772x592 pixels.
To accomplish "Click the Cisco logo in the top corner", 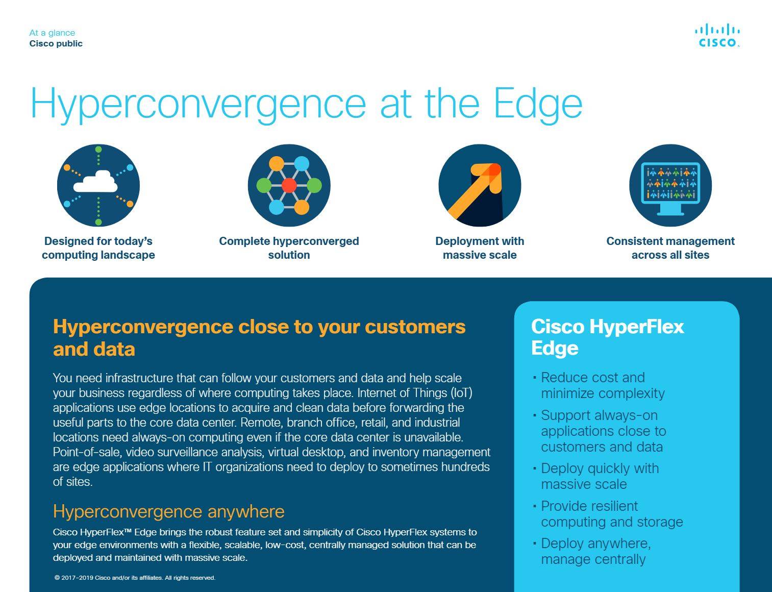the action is tap(717, 35).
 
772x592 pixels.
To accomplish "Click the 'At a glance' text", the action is tap(52, 33).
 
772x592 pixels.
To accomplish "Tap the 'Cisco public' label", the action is tap(56, 44).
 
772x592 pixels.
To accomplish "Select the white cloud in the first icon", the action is tap(95, 181).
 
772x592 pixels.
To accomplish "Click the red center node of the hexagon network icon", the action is tap(289, 185).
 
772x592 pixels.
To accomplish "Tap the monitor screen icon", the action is tap(670, 188).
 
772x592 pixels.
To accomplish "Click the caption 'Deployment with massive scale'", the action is tap(480, 248).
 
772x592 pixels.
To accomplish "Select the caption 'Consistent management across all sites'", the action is tap(670, 248).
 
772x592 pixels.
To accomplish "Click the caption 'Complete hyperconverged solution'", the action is tap(289, 248).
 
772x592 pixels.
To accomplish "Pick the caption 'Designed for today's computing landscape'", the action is tap(98, 248).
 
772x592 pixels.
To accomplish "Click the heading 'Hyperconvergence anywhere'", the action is tap(169, 512).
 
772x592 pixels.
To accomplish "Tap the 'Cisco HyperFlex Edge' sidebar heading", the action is tap(607, 337).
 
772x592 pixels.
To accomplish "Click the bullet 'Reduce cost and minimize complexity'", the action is tap(603, 385).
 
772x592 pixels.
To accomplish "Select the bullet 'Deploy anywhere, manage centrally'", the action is tap(595, 552).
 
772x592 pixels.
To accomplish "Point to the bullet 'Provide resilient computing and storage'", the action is tap(611, 514).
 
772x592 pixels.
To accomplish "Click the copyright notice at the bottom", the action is tap(135, 578).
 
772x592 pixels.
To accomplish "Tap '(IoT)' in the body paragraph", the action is tap(461, 393).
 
